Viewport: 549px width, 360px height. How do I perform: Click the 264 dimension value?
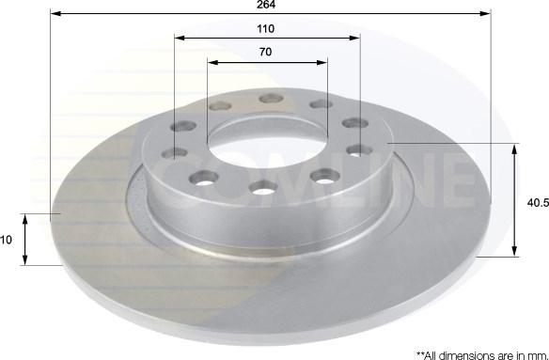[266, 5]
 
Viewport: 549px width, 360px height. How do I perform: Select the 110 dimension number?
[266, 29]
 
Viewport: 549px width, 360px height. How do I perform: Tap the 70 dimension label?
[265, 52]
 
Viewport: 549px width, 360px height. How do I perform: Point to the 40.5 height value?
[538, 202]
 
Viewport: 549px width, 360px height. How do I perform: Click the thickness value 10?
[6, 240]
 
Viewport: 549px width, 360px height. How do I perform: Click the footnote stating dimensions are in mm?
[482, 355]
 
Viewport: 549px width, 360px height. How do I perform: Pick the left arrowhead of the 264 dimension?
[56, 14]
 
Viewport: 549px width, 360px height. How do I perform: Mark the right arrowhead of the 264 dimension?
[485, 14]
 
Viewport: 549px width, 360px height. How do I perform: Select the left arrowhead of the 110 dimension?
[180, 38]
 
